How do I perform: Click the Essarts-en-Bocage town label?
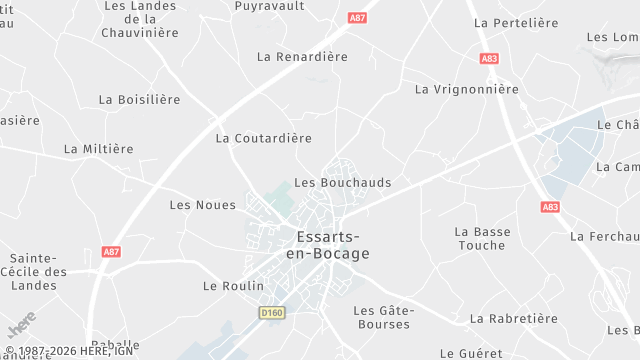tap(333, 245)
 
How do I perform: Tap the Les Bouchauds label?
tap(343, 183)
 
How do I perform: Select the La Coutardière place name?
tap(264, 138)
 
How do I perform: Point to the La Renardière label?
tap(302, 57)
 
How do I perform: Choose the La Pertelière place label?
tap(515, 22)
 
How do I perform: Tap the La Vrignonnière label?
tap(467, 89)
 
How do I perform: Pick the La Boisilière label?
tap(140, 100)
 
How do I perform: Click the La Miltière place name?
tap(98, 149)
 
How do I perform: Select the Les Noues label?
tap(203, 205)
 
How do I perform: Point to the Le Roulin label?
tap(233, 286)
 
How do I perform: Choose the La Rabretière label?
tap(513, 319)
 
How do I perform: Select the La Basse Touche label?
tap(482, 238)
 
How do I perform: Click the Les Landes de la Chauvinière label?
tap(140, 19)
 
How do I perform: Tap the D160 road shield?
tap(271, 313)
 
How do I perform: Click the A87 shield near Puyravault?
tap(357, 18)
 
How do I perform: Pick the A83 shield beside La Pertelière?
tap(489, 59)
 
